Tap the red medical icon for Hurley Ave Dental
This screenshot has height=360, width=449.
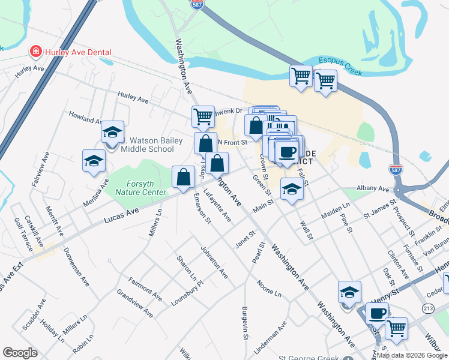36,52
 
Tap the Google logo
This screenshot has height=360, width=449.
20,353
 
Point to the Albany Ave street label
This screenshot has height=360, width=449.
373,188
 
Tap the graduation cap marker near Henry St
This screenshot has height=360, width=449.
349,293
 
